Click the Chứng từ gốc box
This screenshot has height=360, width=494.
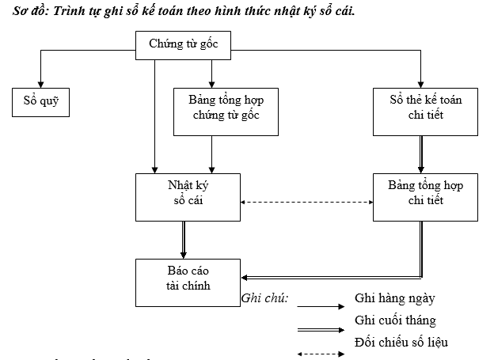tap(183, 45)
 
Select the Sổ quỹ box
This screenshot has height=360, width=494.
tap(40, 101)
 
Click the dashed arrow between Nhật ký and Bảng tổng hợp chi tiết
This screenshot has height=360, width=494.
tap(306, 203)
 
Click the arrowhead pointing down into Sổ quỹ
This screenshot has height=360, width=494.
tap(40, 82)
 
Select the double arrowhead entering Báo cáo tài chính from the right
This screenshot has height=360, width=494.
tap(248, 278)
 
